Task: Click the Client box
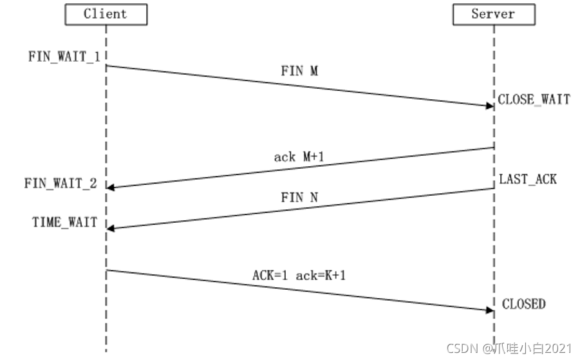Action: pyautogui.click(x=106, y=14)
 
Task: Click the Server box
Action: pyautogui.click(x=494, y=14)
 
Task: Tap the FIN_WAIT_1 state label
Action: pyautogui.click(x=64, y=56)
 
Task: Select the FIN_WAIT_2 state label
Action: pyautogui.click(x=61, y=184)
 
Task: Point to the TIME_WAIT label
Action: pyautogui.click(x=64, y=222)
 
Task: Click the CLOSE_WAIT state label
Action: pyautogui.click(x=534, y=100)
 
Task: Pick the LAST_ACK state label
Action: pyautogui.click(x=528, y=179)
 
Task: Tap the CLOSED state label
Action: pyautogui.click(x=523, y=303)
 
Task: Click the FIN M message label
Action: pyautogui.click(x=299, y=71)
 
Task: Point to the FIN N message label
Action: pyautogui.click(x=299, y=198)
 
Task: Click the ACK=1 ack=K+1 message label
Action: pyautogui.click(x=299, y=276)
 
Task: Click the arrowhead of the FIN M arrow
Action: pyautogui.click(x=489, y=105)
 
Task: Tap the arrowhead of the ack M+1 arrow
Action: pyautogui.click(x=111, y=187)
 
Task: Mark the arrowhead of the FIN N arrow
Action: pyautogui.click(x=111, y=227)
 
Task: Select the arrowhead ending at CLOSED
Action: pyautogui.click(x=489, y=310)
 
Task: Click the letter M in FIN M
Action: pyautogui.click(x=313, y=71)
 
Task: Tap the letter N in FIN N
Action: pyautogui.click(x=313, y=198)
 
